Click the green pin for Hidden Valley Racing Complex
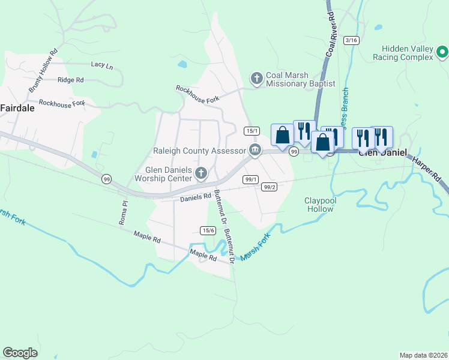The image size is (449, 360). (443, 53)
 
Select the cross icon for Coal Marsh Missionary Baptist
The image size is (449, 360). (256, 78)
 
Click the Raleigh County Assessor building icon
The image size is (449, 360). (255, 150)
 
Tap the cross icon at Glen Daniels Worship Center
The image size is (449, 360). (201, 174)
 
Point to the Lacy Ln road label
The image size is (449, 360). (101, 65)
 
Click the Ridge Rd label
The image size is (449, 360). (70, 80)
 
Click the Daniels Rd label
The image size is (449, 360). (196, 196)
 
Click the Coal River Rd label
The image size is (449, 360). (330, 34)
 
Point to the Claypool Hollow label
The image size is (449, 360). (320, 205)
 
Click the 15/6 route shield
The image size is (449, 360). (208, 230)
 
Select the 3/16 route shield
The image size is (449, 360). (351, 40)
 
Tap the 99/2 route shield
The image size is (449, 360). (270, 187)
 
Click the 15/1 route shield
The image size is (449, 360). (252, 131)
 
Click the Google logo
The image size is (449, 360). (20, 352)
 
